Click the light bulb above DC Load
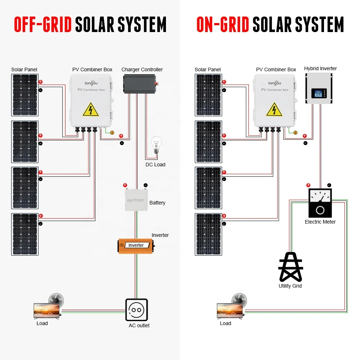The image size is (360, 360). pyautogui.click(x=156, y=145)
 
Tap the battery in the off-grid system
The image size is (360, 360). pyautogui.click(x=136, y=199)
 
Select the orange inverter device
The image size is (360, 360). pyautogui.click(x=136, y=246)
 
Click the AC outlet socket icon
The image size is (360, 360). pyautogui.click(x=136, y=310)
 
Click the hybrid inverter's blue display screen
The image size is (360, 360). pyautogui.click(x=319, y=94)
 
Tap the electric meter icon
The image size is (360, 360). pyautogui.click(x=320, y=203)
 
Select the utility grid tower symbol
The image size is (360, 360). pyautogui.click(x=291, y=267)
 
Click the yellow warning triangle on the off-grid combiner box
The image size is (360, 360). pyautogui.click(x=91, y=109)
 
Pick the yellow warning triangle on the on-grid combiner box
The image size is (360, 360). pyautogui.click(x=274, y=109)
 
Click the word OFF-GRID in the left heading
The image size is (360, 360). pyautogui.click(x=43, y=24)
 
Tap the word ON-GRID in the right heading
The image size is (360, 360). pyautogui.click(x=223, y=24)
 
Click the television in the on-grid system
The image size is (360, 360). pyautogui.click(x=230, y=311)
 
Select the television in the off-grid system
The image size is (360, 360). pyautogui.click(x=46, y=311)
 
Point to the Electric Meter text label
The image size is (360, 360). pyautogui.click(x=320, y=222)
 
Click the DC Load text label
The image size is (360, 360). pyautogui.click(x=156, y=165)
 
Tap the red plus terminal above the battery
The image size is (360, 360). pyautogui.click(x=125, y=185)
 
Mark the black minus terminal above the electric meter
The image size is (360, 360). pyautogui.click(x=329, y=185)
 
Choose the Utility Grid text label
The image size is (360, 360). pyautogui.click(x=290, y=286)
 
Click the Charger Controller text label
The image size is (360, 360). pyautogui.click(x=142, y=69)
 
